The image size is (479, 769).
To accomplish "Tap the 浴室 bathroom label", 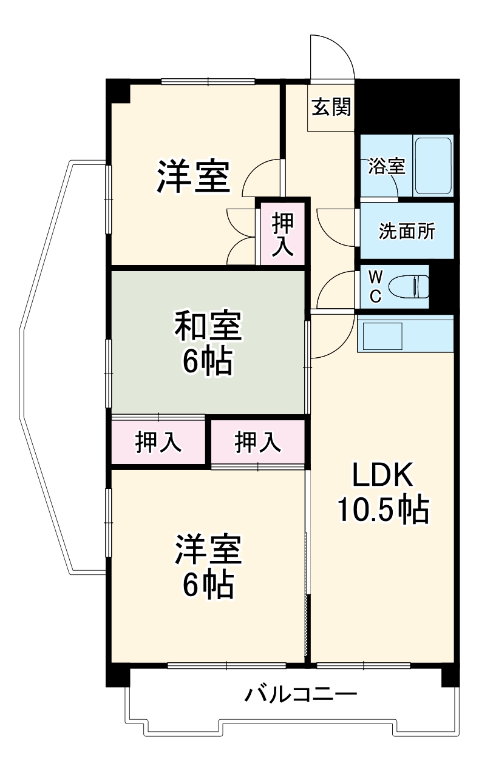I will pyautogui.click(x=386, y=167).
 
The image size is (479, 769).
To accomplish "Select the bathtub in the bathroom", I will pyautogui.click(x=433, y=165).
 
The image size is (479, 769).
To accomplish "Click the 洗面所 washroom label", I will pyautogui.click(x=407, y=231).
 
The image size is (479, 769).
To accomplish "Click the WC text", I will pyautogui.click(x=376, y=286).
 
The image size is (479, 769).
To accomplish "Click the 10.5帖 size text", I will pyautogui.click(x=383, y=511).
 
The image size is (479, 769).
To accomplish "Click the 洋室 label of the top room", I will pyautogui.click(x=194, y=176).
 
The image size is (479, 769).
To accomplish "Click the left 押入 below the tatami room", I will pyautogui.click(x=158, y=442).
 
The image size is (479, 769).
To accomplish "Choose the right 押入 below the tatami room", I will pyautogui.click(x=258, y=442).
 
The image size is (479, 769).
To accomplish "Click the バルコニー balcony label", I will pyautogui.click(x=300, y=693).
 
